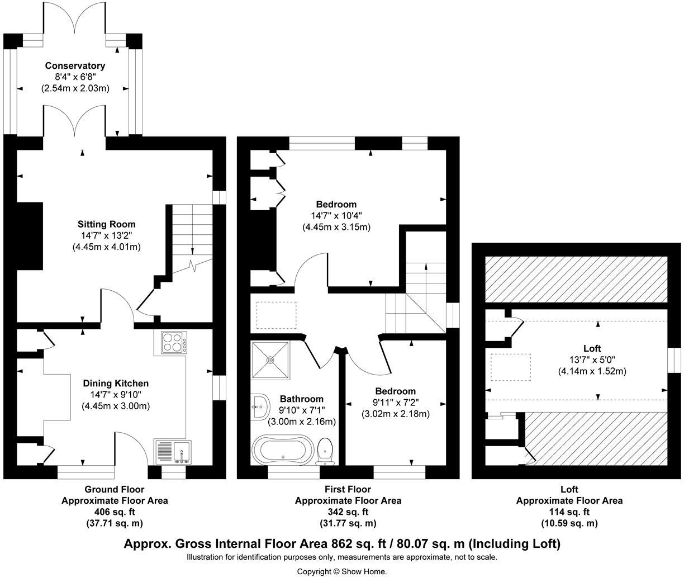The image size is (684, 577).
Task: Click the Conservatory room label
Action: point(75,66)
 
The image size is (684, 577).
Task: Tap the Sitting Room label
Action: point(106,224)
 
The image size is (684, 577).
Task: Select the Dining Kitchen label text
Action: point(116,384)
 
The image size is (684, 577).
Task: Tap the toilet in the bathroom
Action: point(325,451)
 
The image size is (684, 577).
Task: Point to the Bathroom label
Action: point(302,399)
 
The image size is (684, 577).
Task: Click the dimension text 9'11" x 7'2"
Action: point(395,403)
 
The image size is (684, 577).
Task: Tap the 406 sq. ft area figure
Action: point(115,512)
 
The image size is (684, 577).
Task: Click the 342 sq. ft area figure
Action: point(348,512)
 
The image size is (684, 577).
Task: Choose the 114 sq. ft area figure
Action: point(569,512)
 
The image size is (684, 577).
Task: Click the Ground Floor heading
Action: point(115,489)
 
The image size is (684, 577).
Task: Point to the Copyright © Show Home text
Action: point(341,571)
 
